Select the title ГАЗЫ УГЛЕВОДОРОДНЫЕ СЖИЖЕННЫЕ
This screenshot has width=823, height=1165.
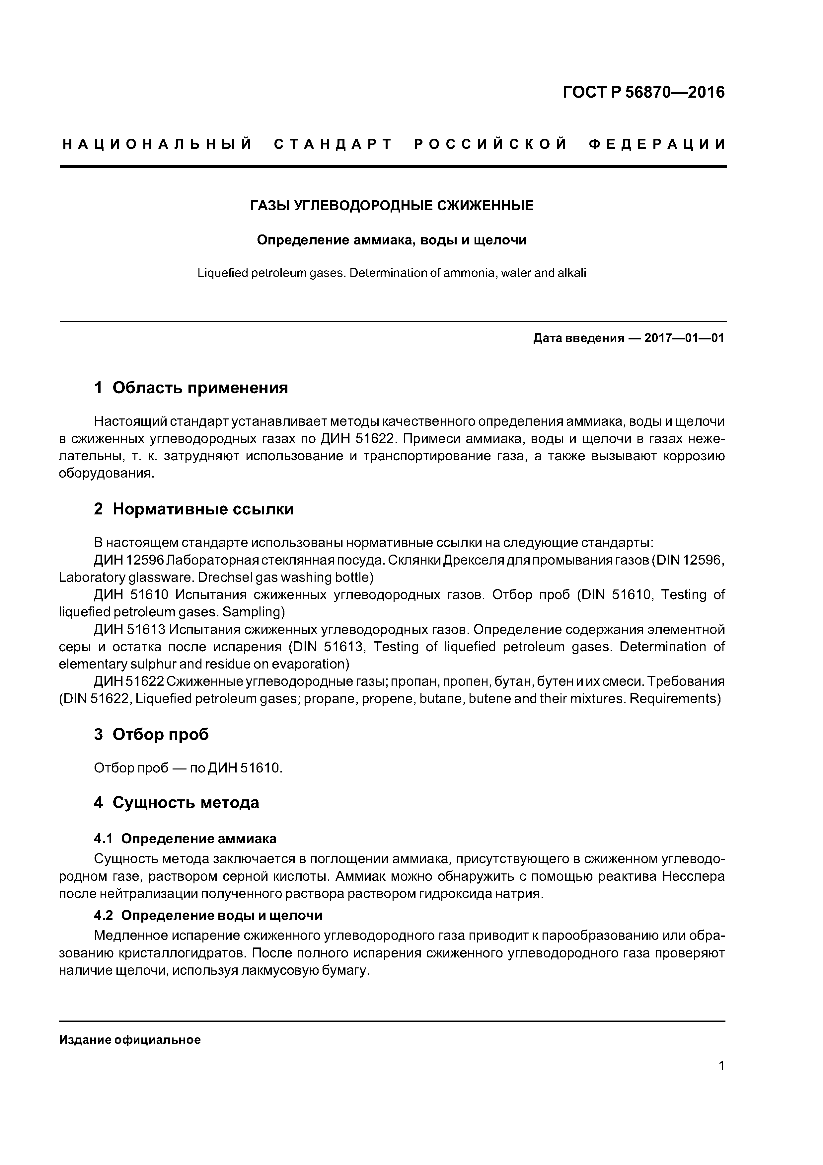click(x=392, y=206)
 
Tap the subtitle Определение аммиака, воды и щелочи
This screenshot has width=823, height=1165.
click(x=392, y=240)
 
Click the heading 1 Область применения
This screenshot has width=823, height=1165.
click(x=191, y=388)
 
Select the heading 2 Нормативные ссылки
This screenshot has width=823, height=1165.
click(x=194, y=509)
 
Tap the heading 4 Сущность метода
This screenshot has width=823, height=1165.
click(x=177, y=802)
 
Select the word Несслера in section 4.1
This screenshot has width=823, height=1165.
click(x=693, y=876)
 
